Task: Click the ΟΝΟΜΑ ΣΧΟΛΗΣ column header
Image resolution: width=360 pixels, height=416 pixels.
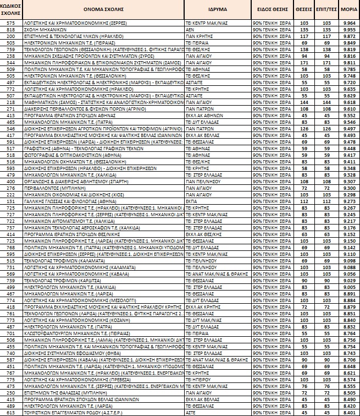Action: tap(98, 10)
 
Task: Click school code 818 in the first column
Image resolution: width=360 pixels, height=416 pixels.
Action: tap(10, 29)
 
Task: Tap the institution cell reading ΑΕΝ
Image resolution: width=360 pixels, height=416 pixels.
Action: tap(190, 29)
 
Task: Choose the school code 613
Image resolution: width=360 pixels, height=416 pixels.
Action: tap(10, 412)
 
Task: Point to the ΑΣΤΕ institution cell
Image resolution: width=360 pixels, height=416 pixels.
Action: tap(190, 412)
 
